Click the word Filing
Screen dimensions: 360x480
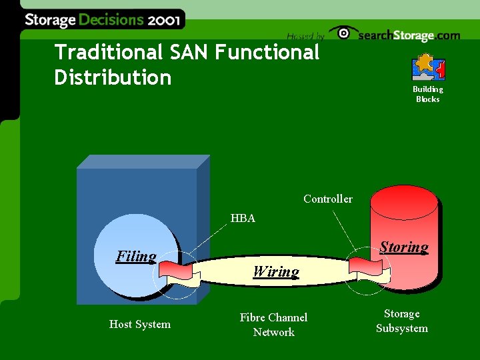tap(136, 256)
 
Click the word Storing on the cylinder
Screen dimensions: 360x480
tap(404, 247)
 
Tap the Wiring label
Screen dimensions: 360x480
tap(276, 271)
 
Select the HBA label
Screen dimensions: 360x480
tap(243, 218)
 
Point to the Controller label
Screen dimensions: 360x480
tap(328, 199)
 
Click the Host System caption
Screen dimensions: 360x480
tap(140, 324)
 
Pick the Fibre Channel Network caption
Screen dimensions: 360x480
tap(273, 325)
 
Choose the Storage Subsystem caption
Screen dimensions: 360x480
tap(401, 321)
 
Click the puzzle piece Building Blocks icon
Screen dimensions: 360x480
tap(429, 67)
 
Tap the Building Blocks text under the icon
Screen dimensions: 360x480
tap(428, 94)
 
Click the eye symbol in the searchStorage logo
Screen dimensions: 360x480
tap(343, 33)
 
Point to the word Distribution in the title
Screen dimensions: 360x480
tap(113, 77)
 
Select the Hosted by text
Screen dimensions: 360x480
tap(305, 36)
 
